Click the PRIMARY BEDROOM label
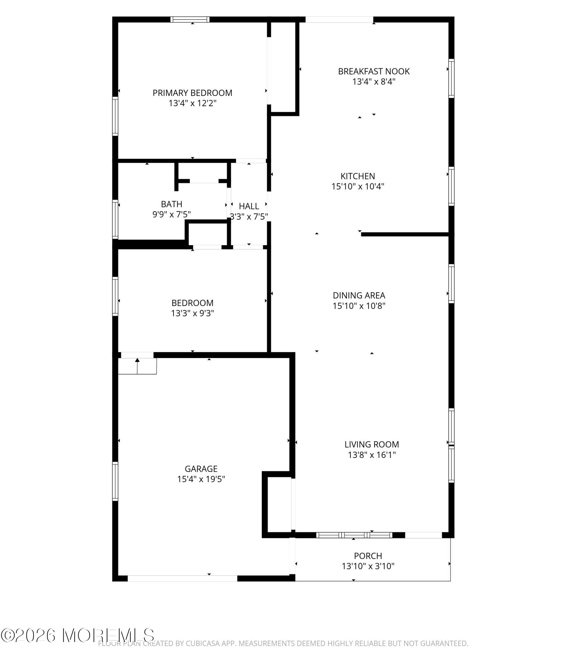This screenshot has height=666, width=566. click(192, 93)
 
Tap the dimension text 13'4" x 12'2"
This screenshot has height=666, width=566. click(192, 103)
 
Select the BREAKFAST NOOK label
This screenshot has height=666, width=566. click(374, 71)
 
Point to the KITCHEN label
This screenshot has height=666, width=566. click(357, 176)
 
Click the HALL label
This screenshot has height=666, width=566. click(249, 206)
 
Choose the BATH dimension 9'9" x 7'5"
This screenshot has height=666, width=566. click(171, 214)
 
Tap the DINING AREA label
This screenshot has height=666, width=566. click(359, 295)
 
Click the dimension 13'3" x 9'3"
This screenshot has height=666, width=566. click(192, 313)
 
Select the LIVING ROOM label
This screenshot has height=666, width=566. click(371, 444)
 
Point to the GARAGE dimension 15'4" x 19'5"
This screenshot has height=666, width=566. click(201, 479)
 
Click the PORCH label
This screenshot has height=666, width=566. click(368, 556)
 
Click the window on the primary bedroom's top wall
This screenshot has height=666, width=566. click(190, 19)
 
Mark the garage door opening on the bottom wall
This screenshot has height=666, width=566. click(182, 578)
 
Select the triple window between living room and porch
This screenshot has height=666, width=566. click(354, 535)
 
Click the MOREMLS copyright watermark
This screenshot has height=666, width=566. click(77, 635)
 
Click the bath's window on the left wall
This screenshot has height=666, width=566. click(115, 219)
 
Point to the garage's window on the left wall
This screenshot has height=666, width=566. click(115, 481)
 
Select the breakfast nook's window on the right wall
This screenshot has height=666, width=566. click(451, 78)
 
